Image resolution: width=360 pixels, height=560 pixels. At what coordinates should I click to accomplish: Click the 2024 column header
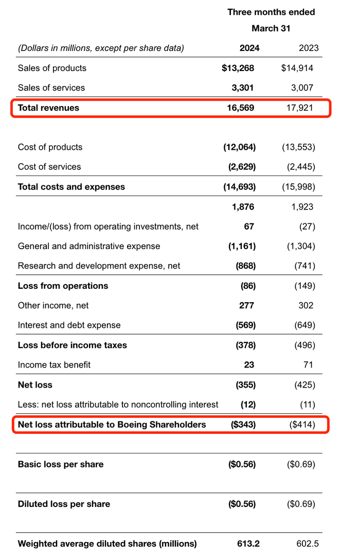pyautogui.click(x=249, y=48)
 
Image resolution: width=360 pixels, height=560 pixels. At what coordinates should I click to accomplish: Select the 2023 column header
pyautogui.click(x=309, y=48)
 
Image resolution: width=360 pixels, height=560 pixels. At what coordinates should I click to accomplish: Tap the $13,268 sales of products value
pyautogui.click(x=238, y=68)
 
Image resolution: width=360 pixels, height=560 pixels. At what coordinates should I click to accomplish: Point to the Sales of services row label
pyautogui.click(x=51, y=88)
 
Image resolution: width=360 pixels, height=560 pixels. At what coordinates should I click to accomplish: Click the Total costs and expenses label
pyautogui.click(x=71, y=187)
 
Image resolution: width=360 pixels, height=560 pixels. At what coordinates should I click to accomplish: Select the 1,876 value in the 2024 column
pyautogui.click(x=243, y=207)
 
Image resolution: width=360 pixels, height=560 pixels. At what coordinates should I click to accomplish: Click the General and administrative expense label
pyautogui.click(x=89, y=246)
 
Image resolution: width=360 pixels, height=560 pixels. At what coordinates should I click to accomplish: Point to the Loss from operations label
pyautogui.click(x=63, y=286)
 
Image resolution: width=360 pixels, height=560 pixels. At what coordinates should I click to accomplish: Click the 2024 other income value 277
pyautogui.click(x=246, y=306)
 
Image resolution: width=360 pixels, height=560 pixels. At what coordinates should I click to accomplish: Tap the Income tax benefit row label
pyautogui.click(x=54, y=365)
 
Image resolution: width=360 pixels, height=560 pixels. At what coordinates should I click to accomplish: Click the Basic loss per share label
pyautogui.click(x=61, y=464)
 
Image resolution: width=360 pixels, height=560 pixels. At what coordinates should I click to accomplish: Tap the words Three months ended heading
pyautogui.click(x=271, y=12)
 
